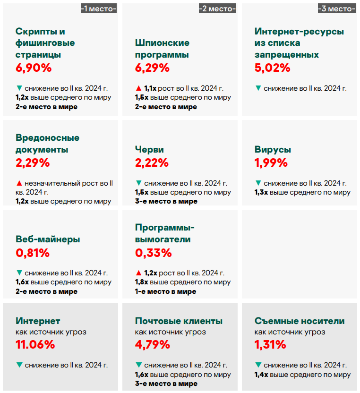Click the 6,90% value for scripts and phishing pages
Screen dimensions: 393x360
34,68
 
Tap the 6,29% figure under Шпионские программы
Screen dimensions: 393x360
152,68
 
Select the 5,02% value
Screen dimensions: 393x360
272,68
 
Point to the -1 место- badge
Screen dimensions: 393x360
99,9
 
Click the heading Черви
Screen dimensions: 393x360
149,150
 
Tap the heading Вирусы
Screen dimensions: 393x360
273,150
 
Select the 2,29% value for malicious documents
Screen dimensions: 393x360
33,163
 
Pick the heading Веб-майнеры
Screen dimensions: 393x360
48,239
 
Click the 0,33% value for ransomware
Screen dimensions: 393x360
153,253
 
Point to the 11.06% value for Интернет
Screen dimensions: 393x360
35,344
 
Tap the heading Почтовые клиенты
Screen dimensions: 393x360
179,321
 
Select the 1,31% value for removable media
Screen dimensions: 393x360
270,344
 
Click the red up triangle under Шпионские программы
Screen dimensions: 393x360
138,88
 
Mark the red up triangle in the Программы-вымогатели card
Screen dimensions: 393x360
138,273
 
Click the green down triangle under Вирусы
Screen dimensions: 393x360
257,183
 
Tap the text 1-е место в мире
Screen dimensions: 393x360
165,291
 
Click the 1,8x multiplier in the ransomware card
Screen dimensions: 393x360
142,282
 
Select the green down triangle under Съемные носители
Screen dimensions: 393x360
257,365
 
